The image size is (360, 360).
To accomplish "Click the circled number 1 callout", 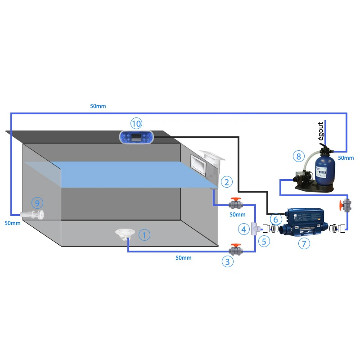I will point(144,235).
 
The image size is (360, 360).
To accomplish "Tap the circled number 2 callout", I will point(226,182).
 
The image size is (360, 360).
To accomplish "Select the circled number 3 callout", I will point(227,261).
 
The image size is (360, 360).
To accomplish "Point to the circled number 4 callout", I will point(243,229).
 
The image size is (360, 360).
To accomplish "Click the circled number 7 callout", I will point(304,243).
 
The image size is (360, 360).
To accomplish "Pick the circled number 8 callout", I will point(298,156).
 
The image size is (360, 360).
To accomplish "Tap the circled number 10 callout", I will point(136,123).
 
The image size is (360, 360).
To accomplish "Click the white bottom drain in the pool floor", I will point(123,234).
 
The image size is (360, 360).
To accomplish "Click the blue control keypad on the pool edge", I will point(136,136).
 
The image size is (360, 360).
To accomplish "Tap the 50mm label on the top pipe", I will point(98,106).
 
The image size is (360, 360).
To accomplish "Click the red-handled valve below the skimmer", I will point(236,204).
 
